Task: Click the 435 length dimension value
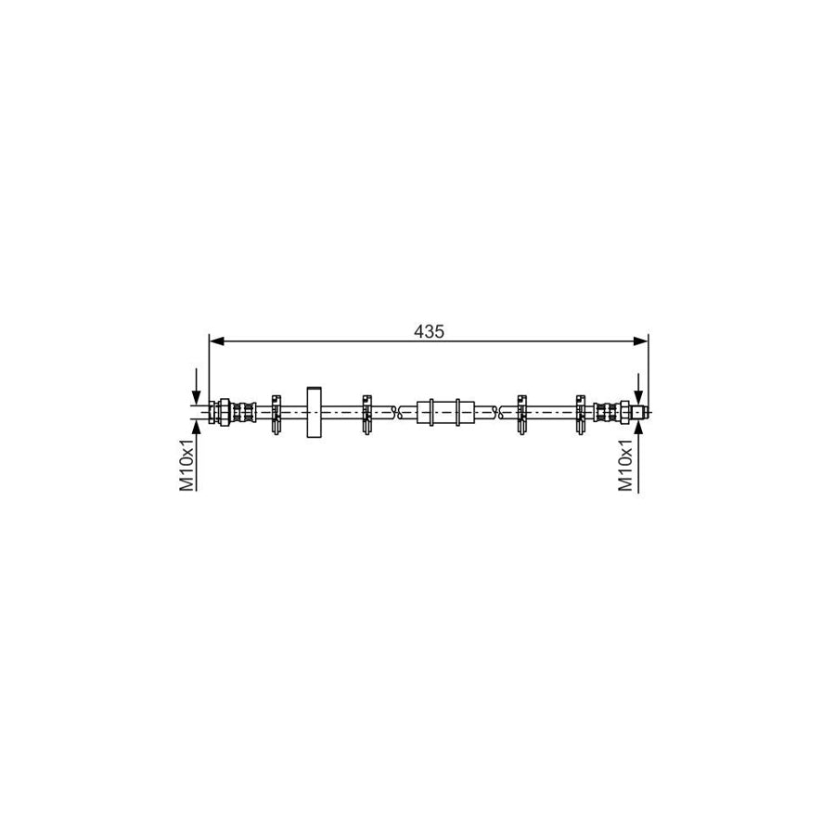429,330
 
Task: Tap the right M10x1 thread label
626,467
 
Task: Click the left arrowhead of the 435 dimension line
215,341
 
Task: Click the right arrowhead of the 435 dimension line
641,341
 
